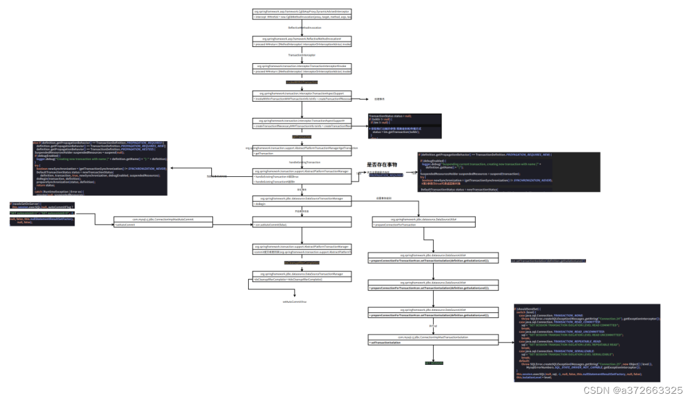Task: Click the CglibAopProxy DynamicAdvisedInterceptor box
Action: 302,14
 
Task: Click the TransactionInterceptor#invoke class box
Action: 302,68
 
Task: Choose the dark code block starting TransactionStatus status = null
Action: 405,125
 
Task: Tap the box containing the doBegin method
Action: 302,201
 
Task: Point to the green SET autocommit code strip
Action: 42,213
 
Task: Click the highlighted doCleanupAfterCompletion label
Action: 302,263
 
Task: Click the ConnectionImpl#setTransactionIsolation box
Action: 432,339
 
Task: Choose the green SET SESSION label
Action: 434,363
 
